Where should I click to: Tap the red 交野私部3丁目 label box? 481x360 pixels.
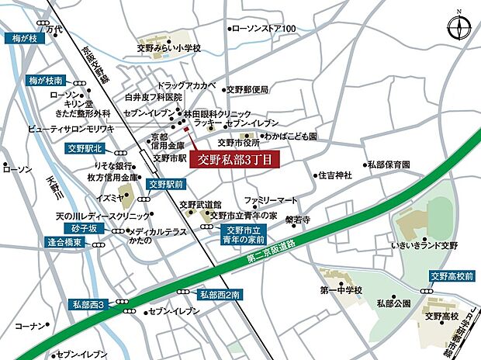(234, 160)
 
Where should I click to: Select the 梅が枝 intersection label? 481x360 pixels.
(24, 36)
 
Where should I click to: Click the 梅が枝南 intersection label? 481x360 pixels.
(46, 80)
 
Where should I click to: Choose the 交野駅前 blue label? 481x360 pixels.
(166, 185)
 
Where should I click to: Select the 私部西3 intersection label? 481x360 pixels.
(91, 303)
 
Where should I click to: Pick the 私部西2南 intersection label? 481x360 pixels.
(220, 294)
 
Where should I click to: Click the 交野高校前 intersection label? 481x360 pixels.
(451, 275)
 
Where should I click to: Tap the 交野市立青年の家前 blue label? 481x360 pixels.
(246, 234)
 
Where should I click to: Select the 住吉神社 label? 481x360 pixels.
(336, 175)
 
